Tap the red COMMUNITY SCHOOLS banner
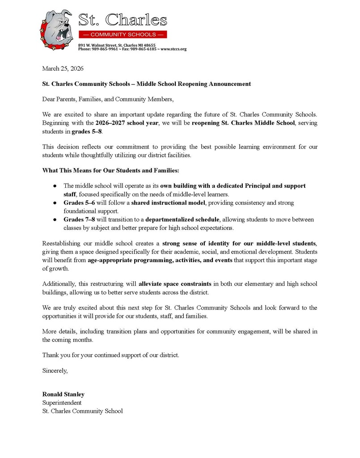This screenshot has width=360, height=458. [x=123, y=34]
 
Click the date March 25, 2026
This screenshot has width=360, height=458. [x=63, y=68]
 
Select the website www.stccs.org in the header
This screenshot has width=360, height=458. [x=174, y=49]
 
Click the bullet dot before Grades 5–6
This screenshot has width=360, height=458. [x=55, y=203]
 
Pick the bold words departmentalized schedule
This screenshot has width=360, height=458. [x=182, y=220]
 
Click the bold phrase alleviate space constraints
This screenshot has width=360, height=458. [x=175, y=284]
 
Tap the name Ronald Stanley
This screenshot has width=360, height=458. [x=63, y=394]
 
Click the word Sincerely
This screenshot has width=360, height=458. [x=55, y=370]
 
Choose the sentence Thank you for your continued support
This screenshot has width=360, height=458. [x=110, y=355]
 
